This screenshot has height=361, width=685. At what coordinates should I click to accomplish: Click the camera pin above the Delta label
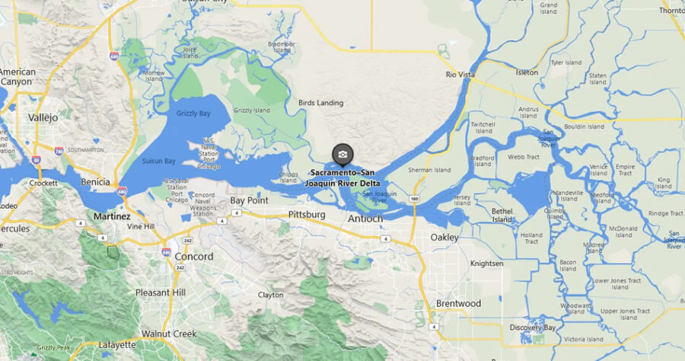342,155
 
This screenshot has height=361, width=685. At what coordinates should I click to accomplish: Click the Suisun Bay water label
159,161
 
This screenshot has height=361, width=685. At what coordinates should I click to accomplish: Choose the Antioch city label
365,219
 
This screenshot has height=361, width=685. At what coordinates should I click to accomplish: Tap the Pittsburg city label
307,215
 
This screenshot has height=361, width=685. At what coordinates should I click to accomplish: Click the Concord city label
194,257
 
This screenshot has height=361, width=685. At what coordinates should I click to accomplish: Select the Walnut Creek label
169,334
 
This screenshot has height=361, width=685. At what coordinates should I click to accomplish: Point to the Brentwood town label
458,303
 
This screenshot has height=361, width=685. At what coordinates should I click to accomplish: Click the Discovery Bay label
533,327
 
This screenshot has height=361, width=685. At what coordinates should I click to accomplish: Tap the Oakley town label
444,237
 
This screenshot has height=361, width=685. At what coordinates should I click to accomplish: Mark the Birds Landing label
320,103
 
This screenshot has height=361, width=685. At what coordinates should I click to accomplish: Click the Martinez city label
113,216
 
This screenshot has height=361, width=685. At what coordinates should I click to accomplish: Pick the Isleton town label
527,72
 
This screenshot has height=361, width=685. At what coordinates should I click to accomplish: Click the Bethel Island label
502,215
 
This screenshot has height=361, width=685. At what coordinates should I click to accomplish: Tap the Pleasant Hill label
161,292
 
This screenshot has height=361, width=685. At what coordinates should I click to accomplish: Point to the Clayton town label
270,295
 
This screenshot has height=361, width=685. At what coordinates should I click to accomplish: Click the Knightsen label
487,264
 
